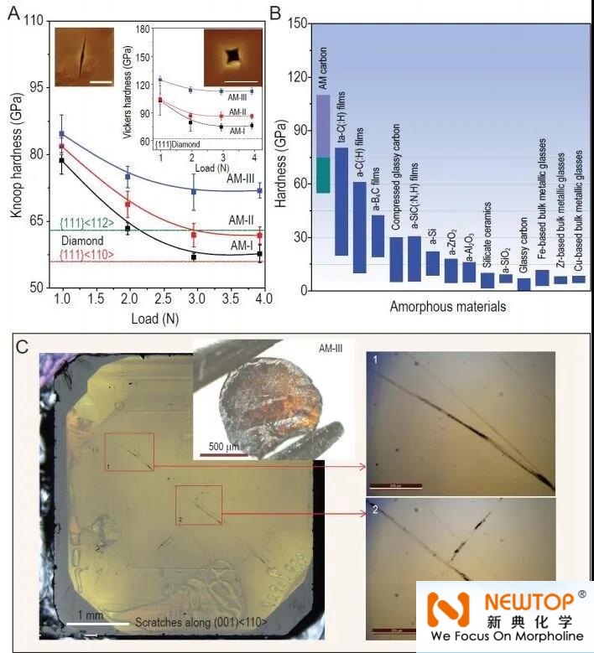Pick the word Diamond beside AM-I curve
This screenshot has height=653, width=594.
tap(82, 240)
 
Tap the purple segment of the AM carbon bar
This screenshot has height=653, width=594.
tap(323, 125)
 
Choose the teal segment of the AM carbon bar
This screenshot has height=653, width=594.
tap(323, 174)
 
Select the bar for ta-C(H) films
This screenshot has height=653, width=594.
tap(341, 201)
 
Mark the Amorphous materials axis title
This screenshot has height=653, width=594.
tap(447, 307)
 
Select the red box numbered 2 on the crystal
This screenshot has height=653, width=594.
tap(198, 505)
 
